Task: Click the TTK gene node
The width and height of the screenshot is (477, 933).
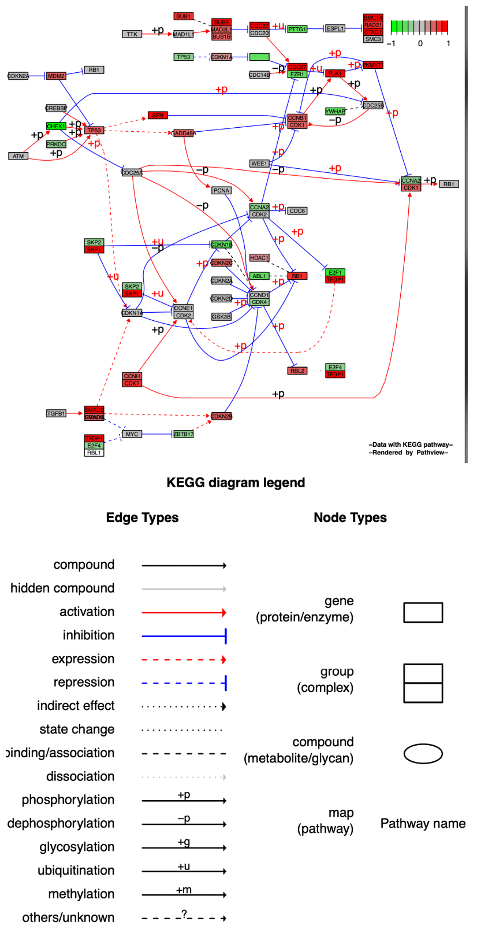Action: point(132,34)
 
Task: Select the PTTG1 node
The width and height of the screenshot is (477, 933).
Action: point(297,29)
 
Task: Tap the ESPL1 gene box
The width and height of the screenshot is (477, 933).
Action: point(335,28)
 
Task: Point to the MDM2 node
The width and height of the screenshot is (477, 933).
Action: point(56,76)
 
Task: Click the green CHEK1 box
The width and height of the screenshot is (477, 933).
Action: point(56,126)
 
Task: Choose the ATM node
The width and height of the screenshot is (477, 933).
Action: point(18,156)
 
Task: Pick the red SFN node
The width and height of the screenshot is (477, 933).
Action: point(158,115)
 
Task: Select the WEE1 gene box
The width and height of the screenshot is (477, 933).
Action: point(259,164)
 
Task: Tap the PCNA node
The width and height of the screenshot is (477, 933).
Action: point(221,190)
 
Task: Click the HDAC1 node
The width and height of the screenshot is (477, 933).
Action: point(259,258)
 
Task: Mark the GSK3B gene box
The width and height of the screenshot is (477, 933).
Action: point(221,317)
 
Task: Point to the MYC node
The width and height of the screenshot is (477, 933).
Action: point(132,434)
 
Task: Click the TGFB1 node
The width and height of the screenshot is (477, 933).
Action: point(56,413)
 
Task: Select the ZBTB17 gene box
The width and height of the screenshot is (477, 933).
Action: point(184,434)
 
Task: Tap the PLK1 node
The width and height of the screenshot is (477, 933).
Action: point(335,73)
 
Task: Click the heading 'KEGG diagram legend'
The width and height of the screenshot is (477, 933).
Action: point(236,483)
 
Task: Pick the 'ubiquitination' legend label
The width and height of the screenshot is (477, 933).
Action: point(76,871)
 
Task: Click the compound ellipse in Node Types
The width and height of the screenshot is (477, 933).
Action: point(423,754)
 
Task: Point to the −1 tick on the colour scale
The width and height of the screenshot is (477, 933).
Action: point(392,43)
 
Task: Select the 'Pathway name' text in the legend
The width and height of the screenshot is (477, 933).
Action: point(423,824)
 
